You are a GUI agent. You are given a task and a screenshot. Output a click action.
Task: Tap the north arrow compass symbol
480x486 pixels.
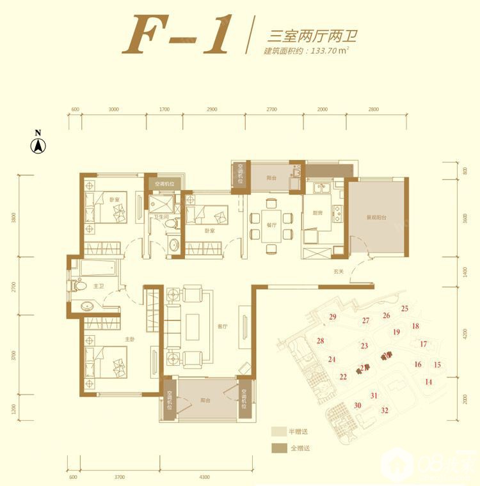point(38,146)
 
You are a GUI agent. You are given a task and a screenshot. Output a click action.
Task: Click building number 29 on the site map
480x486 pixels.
point(333,317)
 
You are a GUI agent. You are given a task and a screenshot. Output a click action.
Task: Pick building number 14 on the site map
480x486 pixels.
point(428,382)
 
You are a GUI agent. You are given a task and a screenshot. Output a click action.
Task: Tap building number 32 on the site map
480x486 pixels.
point(385,411)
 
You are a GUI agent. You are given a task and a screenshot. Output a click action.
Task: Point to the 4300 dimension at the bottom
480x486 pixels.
point(204,477)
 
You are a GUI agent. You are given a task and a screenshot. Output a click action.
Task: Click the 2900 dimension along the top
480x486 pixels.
point(212,109)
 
